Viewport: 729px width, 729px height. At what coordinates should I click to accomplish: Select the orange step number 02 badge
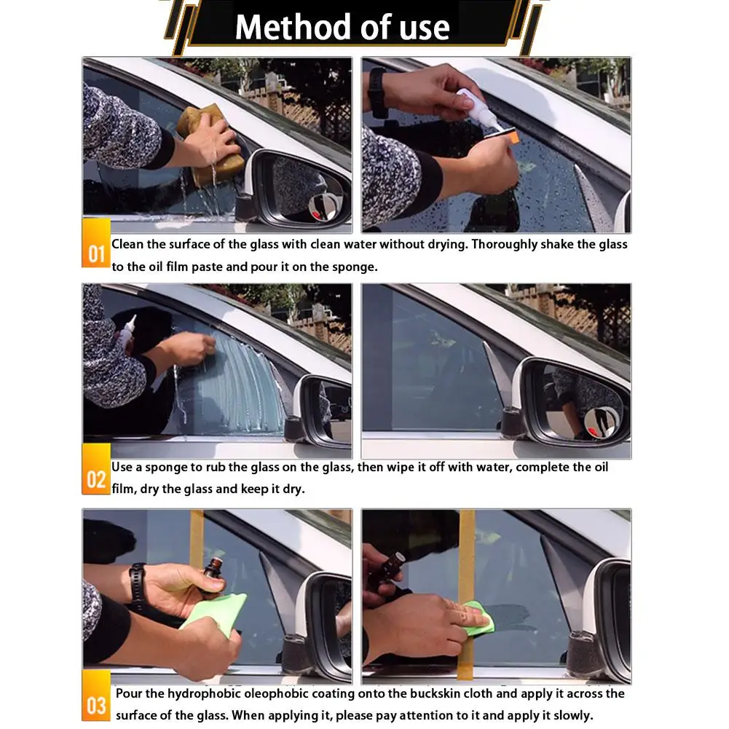coord(96,469)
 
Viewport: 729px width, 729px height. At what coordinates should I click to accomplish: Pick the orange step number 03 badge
coord(96,695)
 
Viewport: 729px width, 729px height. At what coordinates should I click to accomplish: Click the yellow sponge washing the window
coord(211,145)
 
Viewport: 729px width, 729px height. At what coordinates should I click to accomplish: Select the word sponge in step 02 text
coord(166,468)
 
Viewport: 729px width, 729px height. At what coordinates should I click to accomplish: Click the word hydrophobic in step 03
coord(204,693)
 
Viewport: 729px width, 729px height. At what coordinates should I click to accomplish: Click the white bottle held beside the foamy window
coord(127,332)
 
